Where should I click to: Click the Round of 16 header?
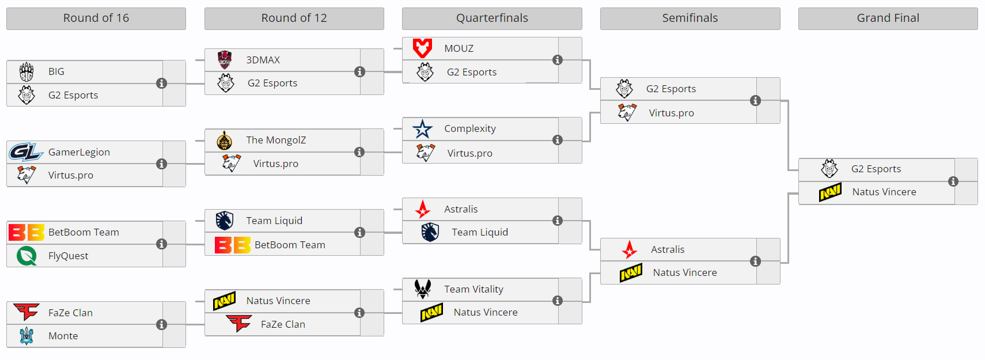click(96, 18)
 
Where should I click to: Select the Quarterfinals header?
click(492, 18)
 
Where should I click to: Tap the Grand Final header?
click(888, 18)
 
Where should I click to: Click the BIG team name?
click(56, 71)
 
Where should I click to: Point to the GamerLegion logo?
click(25, 151)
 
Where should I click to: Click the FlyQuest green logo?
click(26, 256)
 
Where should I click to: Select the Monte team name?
click(63, 336)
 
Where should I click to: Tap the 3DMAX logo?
click(225, 60)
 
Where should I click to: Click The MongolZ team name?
click(276, 140)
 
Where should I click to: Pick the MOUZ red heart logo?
click(423, 48)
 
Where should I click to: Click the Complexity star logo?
click(423, 128)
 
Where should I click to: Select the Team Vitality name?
click(473, 289)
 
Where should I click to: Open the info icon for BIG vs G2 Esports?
click(162, 84)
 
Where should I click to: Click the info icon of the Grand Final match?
click(953, 181)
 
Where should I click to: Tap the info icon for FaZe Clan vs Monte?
click(162, 325)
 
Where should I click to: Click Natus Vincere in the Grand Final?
click(884, 192)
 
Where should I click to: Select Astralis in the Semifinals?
click(668, 249)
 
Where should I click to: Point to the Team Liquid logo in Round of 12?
click(225, 221)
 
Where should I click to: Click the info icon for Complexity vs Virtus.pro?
click(558, 140)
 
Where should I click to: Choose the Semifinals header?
click(690, 18)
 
